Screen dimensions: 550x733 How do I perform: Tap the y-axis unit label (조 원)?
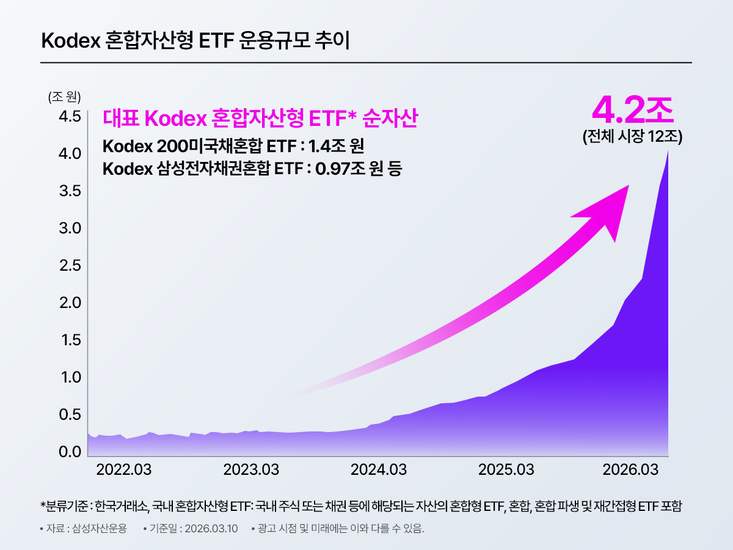(x=64, y=97)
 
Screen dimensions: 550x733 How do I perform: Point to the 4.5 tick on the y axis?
(x=69, y=116)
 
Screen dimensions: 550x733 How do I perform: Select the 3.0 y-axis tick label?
(x=69, y=228)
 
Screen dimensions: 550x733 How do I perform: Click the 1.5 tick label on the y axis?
(x=69, y=340)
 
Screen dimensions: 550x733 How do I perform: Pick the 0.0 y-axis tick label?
(x=69, y=452)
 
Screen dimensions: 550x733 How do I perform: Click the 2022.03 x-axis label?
(x=125, y=470)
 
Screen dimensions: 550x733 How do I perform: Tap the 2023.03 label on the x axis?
(x=252, y=470)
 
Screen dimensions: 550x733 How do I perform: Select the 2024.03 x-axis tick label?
(x=379, y=470)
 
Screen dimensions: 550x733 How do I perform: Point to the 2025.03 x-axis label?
(x=506, y=470)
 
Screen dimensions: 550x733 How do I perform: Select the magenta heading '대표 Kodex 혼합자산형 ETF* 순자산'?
(x=260, y=119)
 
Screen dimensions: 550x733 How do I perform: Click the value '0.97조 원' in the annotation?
(x=350, y=169)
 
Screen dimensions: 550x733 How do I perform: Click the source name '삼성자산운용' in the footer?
(x=99, y=529)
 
